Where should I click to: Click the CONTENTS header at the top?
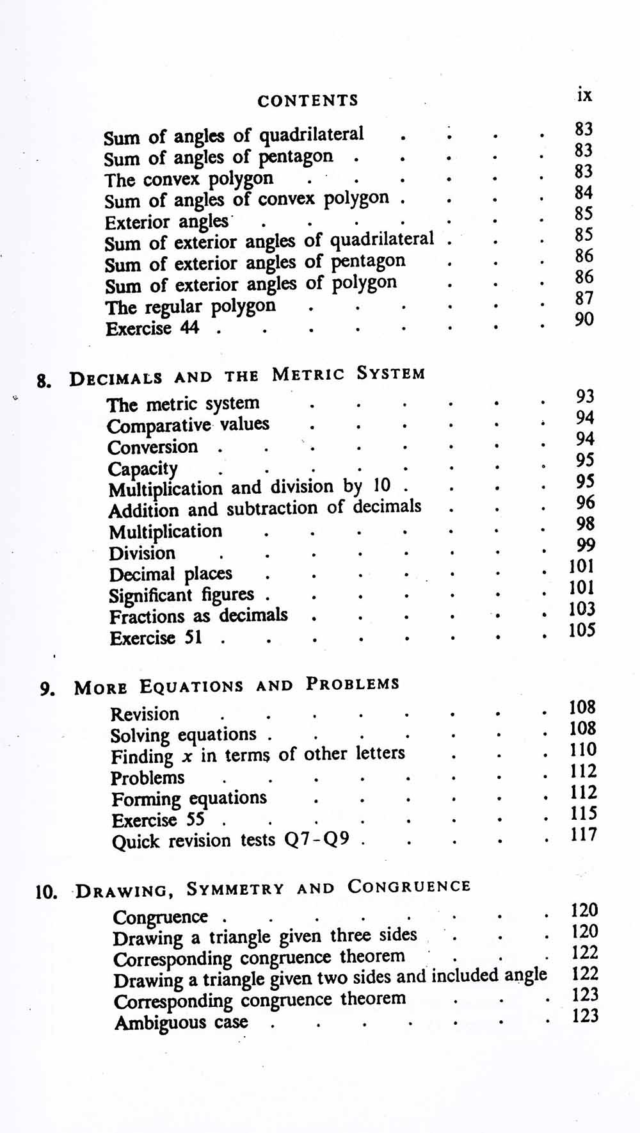coord(307,101)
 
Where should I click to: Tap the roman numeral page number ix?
coord(584,95)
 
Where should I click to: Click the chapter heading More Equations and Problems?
coord(236,685)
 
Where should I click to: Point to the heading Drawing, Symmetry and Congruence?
coord(273,888)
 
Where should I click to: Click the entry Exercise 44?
coord(152,329)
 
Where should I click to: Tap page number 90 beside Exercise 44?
coord(584,319)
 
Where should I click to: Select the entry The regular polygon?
coord(191,307)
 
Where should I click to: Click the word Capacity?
coord(143,469)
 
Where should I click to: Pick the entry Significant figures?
coord(182,596)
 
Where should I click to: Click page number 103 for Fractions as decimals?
coord(582,609)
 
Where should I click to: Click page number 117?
coord(583,835)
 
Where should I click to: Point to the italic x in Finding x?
coord(187,757)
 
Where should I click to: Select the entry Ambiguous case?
coord(180,1022)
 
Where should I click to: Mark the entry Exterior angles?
coord(166,222)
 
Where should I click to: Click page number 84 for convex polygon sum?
coord(584,193)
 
